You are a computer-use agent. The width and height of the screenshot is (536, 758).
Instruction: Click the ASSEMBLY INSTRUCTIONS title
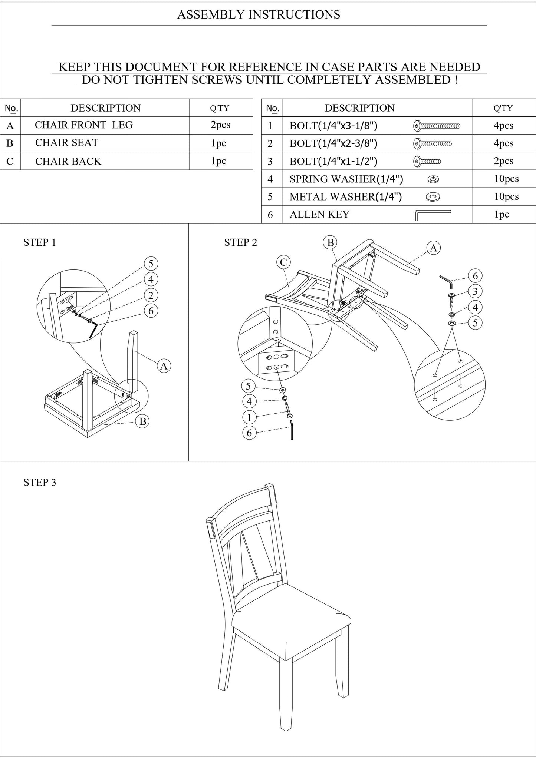click(x=259, y=14)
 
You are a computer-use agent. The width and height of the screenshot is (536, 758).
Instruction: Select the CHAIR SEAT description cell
click(x=67, y=143)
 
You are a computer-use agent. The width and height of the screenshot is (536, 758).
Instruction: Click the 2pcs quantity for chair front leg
click(x=220, y=125)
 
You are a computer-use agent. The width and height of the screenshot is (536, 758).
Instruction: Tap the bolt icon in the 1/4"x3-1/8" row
click(x=436, y=126)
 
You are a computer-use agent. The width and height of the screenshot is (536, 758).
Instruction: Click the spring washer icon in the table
click(x=433, y=179)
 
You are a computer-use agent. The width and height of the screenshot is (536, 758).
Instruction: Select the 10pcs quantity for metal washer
click(x=506, y=196)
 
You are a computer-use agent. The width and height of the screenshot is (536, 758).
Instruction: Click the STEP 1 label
click(x=39, y=242)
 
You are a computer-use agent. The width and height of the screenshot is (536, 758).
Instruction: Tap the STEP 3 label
click(x=40, y=482)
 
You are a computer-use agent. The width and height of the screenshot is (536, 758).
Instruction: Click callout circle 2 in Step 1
click(x=151, y=295)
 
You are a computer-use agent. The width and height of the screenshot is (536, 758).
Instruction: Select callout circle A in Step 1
click(x=163, y=366)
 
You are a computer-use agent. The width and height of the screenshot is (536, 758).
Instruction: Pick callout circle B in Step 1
click(x=142, y=421)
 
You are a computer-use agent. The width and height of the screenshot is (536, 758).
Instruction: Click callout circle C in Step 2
click(x=283, y=262)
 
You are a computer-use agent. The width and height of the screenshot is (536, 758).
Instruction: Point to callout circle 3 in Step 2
click(x=475, y=291)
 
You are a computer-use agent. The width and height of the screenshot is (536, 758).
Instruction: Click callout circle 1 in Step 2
click(x=249, y=417)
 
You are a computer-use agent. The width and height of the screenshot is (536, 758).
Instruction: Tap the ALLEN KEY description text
click(x=319, y=215)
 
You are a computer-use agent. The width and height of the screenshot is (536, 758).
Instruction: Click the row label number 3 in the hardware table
click(x=270, y=161)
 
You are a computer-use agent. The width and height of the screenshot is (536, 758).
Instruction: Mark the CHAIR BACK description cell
click(x=68, y=161)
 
